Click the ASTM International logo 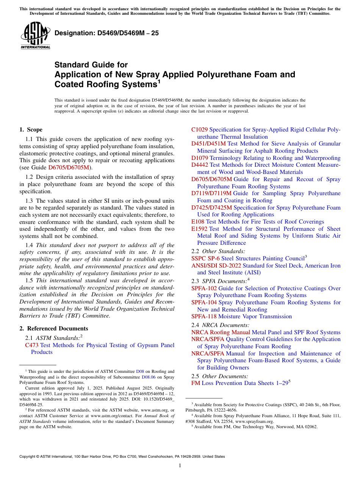[x=35, y=36]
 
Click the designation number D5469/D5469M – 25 [x=106, y=33]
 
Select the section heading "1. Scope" [x=31, y=130]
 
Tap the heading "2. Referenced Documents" [x=53, y=329]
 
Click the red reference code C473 [x=32, y=345]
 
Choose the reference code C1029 [x=199, y=130]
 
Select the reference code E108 [x=198, y=222]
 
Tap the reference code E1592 [x=199, y=229]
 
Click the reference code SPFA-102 [x=204, y=288]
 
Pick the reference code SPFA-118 [x=204, y=316]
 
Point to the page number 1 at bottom [x=180, y=466]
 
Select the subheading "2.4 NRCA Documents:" [x=221, y=325]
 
